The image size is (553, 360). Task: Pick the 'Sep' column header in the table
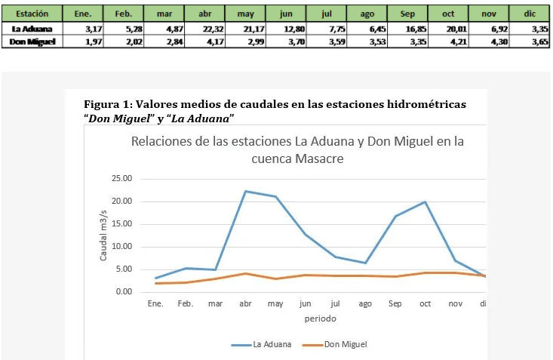(x=406, y=14)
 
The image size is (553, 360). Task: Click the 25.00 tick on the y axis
(x=121, y=179)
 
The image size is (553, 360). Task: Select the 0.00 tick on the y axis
(x=124, y=292)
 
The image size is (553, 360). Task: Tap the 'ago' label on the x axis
(x=365, y=304)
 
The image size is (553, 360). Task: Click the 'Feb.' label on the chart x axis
(x=186, y=304)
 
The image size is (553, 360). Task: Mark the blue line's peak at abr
(x=245, y=191)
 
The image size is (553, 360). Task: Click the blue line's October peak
(x=426, y=202)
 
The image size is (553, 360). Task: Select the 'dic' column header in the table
(x=528, y=14)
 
